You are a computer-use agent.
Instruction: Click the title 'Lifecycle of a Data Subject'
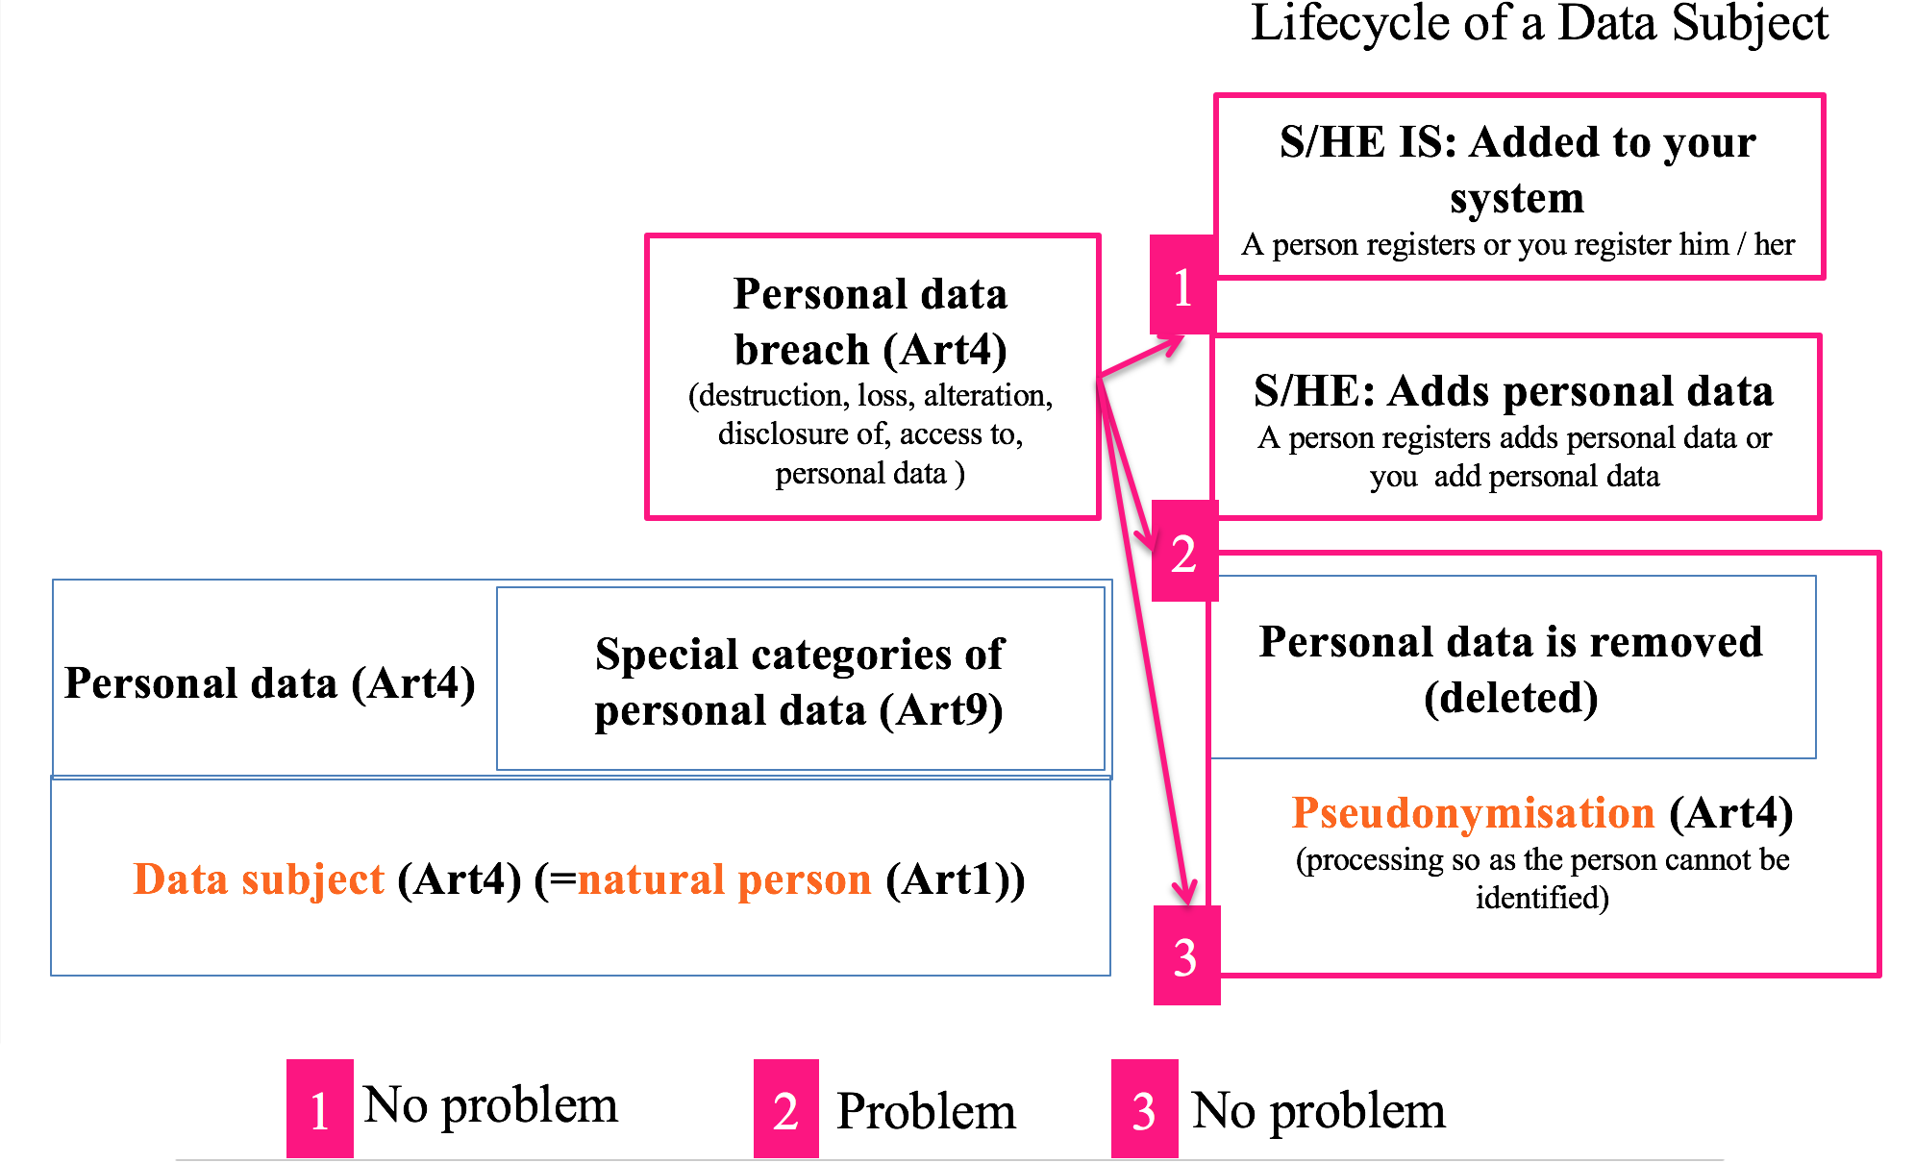click(x=1538, y=23)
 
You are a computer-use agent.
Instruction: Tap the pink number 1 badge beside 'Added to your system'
click(x=1182, y=285)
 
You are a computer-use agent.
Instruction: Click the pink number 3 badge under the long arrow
click(x=1186, y=955)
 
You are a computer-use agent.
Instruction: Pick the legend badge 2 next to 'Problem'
click(x=785, y=1109)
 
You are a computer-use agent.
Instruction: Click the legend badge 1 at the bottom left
click(x=320, y=1109)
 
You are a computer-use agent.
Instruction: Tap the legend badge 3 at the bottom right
click(x=1144, y=1109)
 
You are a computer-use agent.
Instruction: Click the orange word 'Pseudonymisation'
click(x=1473, y=813)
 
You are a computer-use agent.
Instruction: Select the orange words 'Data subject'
click(x=259, y=879)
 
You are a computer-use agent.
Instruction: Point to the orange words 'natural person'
click(x=724, y=879)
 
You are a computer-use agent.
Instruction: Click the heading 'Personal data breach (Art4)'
click(x=870, y=322)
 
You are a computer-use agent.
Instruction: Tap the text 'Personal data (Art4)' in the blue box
click(x=270, y=683)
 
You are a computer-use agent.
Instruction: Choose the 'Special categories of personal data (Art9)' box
click(x=800, y=680)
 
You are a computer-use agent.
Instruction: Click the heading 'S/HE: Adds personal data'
click(x=1513, y=391)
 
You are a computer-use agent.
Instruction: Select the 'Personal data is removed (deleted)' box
click(x=1511, y=668)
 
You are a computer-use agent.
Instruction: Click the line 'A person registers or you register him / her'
click(x=1517, y=244)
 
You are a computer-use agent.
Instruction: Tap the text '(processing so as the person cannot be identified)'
click(x=1542, y=878)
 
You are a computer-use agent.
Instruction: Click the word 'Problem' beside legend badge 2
click(x=926, y=1111)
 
